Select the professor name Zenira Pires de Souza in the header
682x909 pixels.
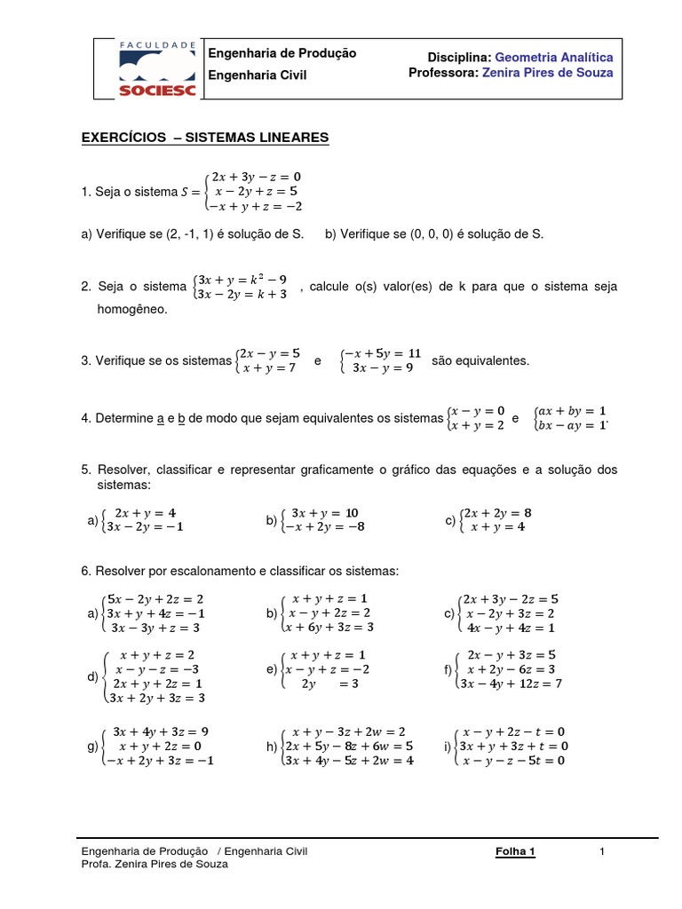pyautogui.click(x=547, y=73)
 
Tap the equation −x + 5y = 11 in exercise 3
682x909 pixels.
pyautogui.click(x=383, y=352)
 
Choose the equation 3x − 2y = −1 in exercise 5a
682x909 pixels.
pyautogui.click(x=145, y=526)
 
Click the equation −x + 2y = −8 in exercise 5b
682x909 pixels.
pyautogui.click(x=324, y=526)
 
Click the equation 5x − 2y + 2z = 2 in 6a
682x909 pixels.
pyautogui.click(x=156, y=599)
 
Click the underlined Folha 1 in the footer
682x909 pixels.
pyautogui.click(x=515, y=852)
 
